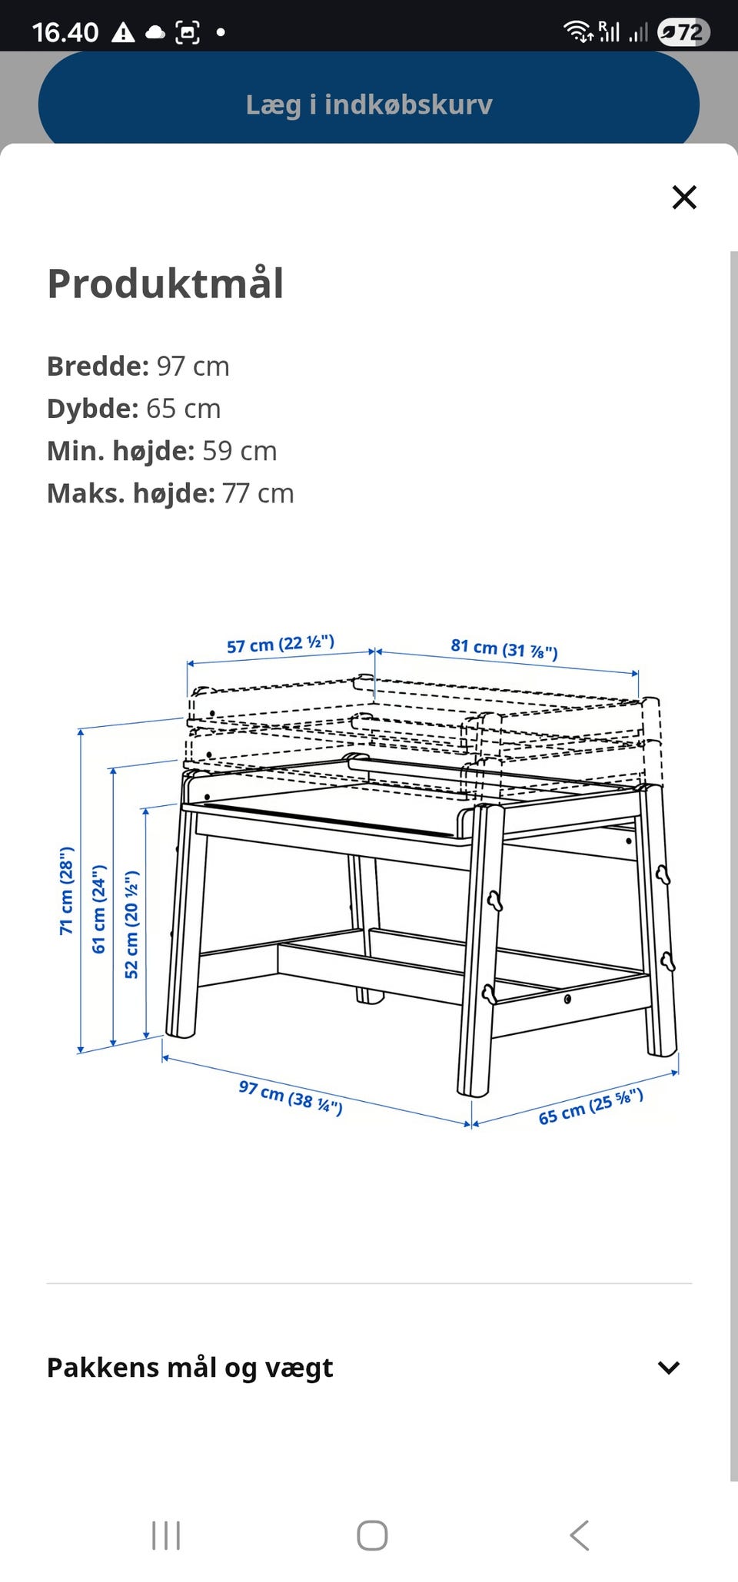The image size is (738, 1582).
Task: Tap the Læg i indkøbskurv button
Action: click(369, 104)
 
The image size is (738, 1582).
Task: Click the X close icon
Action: click(683, 197)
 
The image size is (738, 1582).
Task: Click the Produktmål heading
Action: click(166, 284)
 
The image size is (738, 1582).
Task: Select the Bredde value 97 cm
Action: click(193, 366)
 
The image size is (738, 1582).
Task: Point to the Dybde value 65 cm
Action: click(183, 409)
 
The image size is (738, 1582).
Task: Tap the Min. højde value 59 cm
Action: click(239, 451)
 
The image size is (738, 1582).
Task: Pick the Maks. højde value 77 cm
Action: click(258, 493)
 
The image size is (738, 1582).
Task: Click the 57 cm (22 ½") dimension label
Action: click(281, 644)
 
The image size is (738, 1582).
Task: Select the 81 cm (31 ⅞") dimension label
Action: click(504, 648)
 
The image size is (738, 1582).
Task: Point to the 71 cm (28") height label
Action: click(67, 890)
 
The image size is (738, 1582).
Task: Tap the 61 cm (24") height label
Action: click(99, 909)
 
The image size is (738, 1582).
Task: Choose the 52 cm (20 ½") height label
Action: click(131, 924)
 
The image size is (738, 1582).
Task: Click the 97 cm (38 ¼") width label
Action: click(291, 1096)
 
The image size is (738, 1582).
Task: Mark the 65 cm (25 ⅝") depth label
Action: click(590, 1106)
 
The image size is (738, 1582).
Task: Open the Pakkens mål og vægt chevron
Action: click(668, 1368)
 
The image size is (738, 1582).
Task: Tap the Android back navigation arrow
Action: click(580, 1535)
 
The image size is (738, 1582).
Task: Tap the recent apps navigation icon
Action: click(166, 1535)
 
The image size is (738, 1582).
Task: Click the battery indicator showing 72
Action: click(683, 32)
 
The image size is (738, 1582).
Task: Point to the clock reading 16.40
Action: click(65, 32)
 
